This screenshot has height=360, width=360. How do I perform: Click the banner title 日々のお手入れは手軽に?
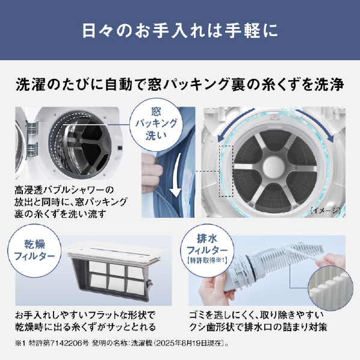coord(180,30)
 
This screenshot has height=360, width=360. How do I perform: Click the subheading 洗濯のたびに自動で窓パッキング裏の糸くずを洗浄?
coord(180,84)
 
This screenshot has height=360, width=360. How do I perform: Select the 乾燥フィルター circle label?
coord(34,250)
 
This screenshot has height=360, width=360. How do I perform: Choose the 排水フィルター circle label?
coord(207,250)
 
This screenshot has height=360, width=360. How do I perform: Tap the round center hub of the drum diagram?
coord(274,166)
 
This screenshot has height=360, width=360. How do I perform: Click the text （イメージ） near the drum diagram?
coord(325,210)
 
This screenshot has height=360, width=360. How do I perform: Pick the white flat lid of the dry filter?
coord(116,253)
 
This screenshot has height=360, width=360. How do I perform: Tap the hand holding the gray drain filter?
coord(216,288)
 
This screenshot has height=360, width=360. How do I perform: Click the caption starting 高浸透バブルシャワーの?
coord(70,202)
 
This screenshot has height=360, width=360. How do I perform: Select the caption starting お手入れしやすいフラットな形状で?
coord(85,321)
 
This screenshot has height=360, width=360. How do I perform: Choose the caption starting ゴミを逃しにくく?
coord(258,321)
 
